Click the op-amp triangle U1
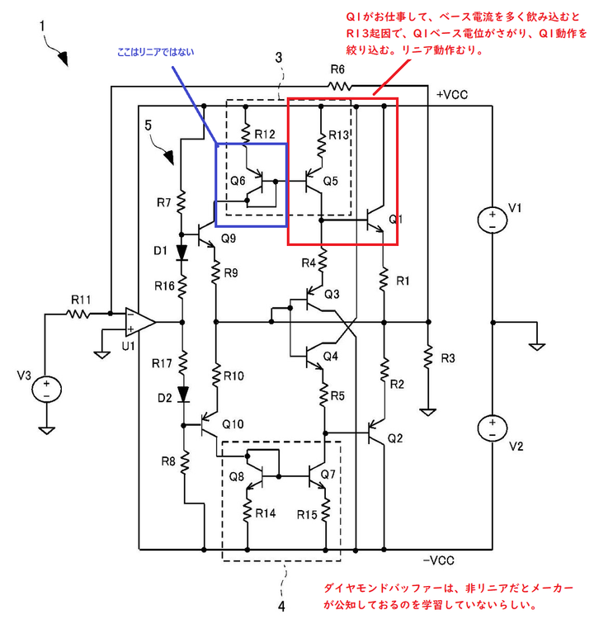tap(139, 322)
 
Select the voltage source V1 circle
tap(493, 220)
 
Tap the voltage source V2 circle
tap(493, 428)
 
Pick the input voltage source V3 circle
tap(46, 390)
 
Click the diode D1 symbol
tap(182, 253)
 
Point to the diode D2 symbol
tap(183, 395)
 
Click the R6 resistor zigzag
tap(339, 86)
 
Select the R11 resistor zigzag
tap(79, 314)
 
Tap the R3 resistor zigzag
tap(428, 357)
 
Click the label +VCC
tap(452, 95)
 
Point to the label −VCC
tap(438, 560)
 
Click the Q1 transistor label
tap(395, 219)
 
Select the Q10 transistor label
tap(233, 424)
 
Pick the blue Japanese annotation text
tap(156, 52)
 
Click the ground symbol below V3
tap(46, 430)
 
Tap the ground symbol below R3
tap(427, 412)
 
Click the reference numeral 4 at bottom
tap(281, 607)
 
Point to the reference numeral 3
tap(279, 58)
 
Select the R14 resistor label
tap(266, 513)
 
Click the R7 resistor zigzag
tap(181, 201)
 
